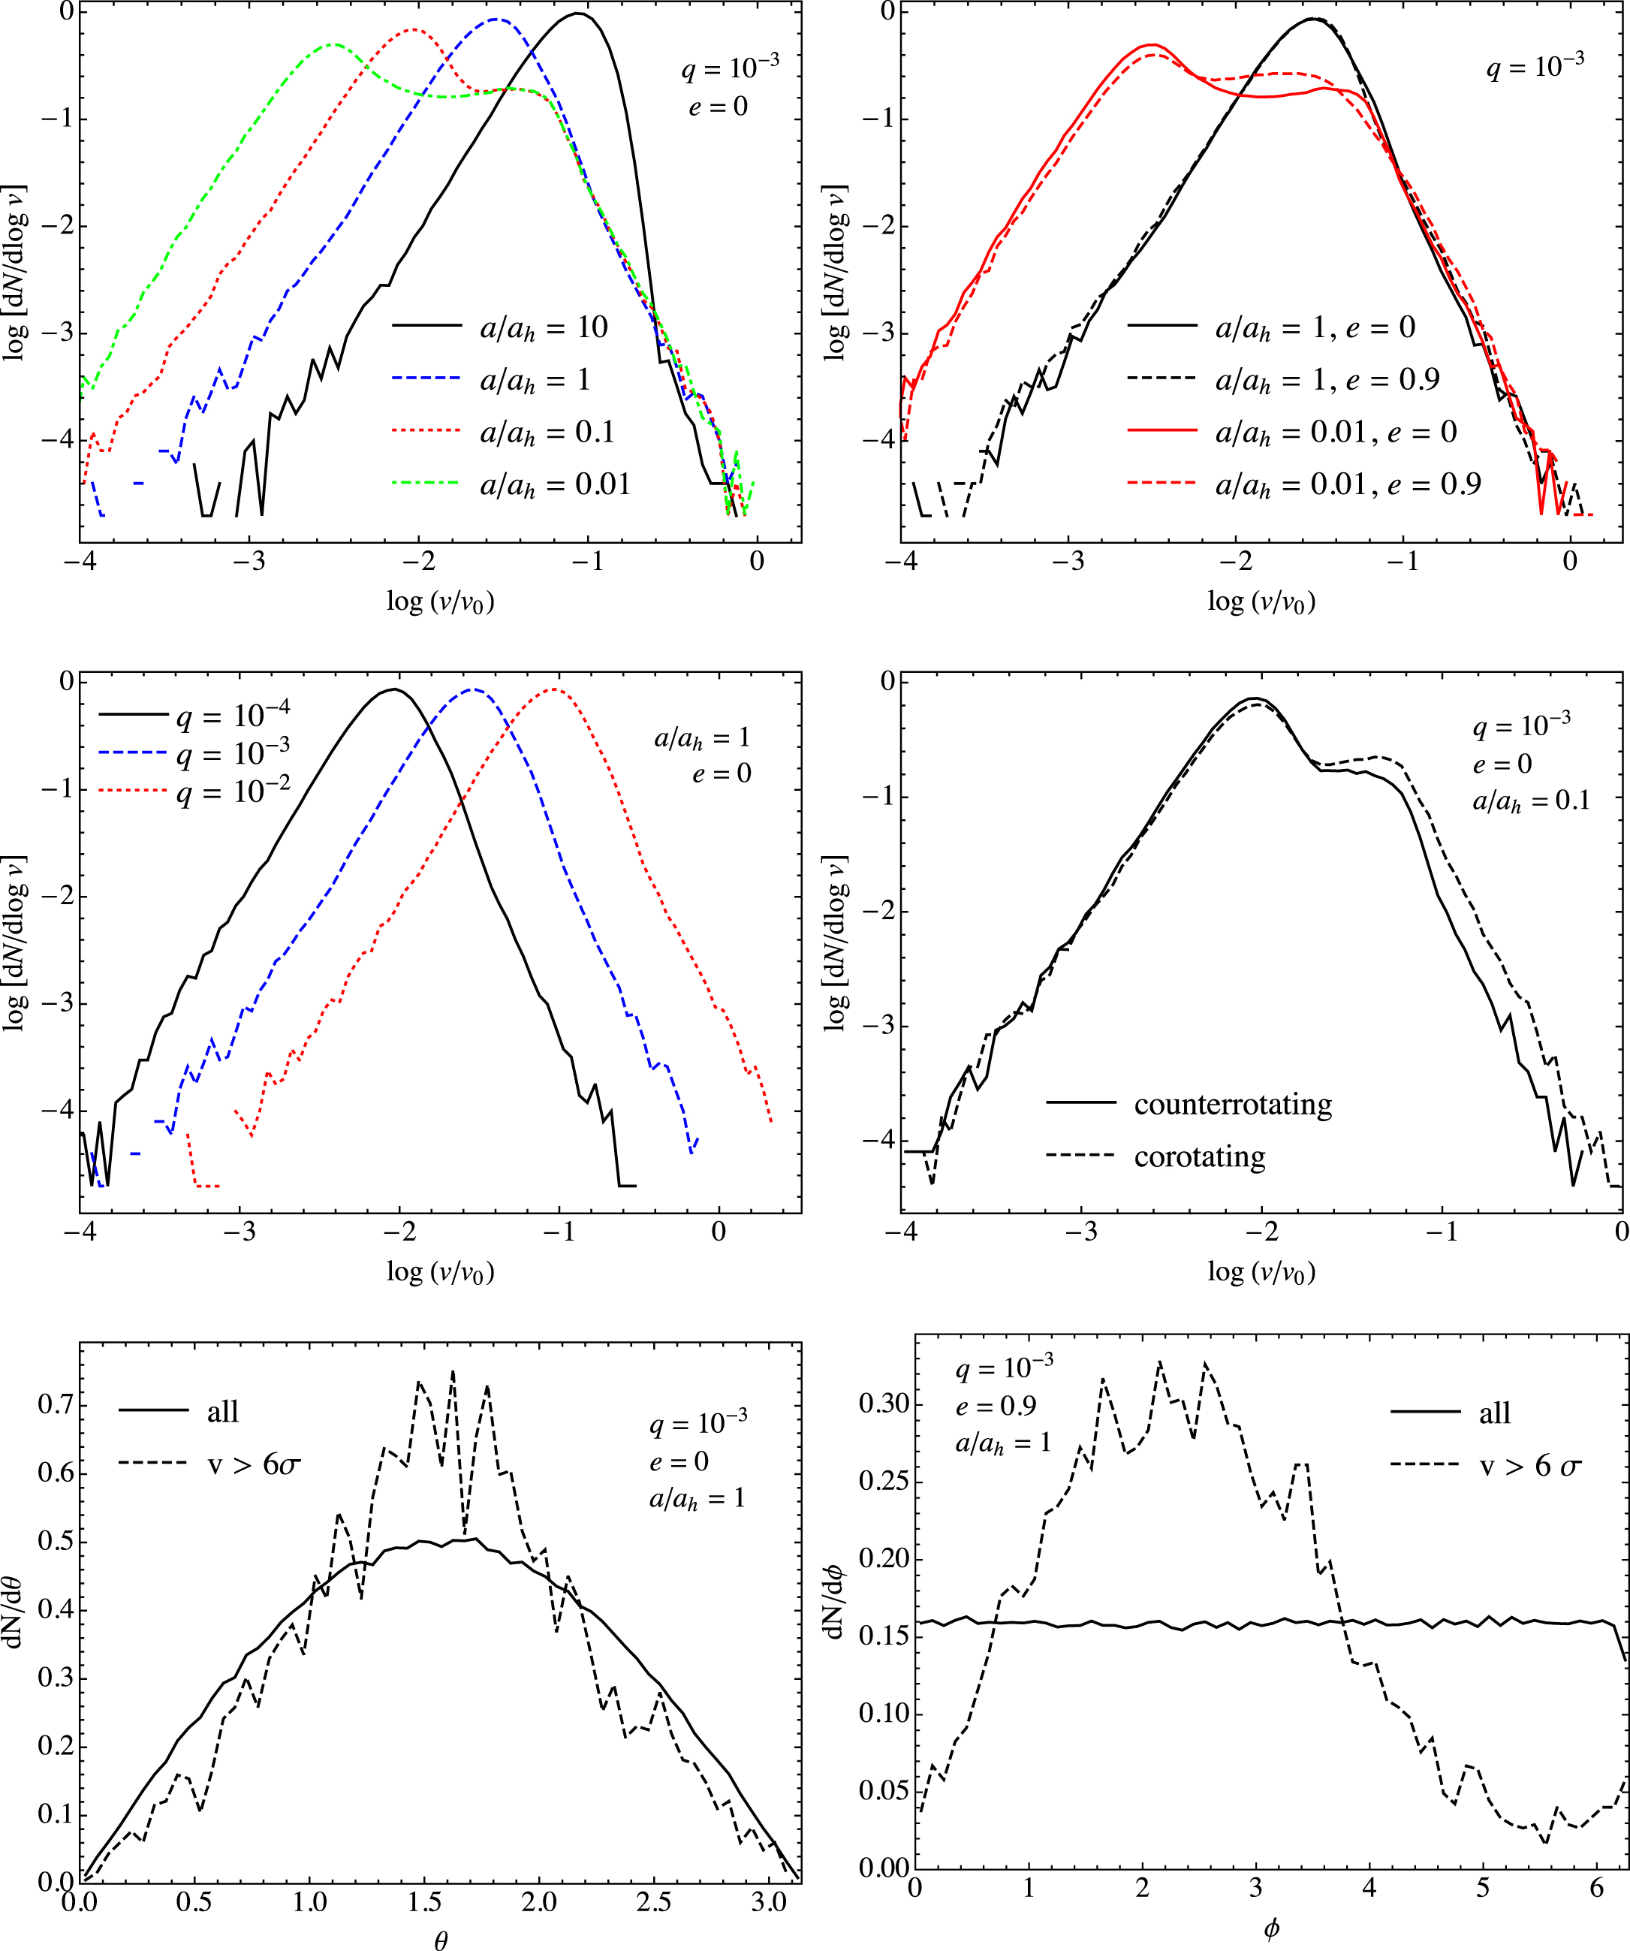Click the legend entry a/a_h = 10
pos(544,327)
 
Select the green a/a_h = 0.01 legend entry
pos(555,484)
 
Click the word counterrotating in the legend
pos(1233,1104)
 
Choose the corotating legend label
pos(1199,1156)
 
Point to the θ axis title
pos(440,1937)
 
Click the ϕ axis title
pos(1272,1928)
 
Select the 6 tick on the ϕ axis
pos(1596,1888)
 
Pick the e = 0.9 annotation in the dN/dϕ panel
pos(996,1407)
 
